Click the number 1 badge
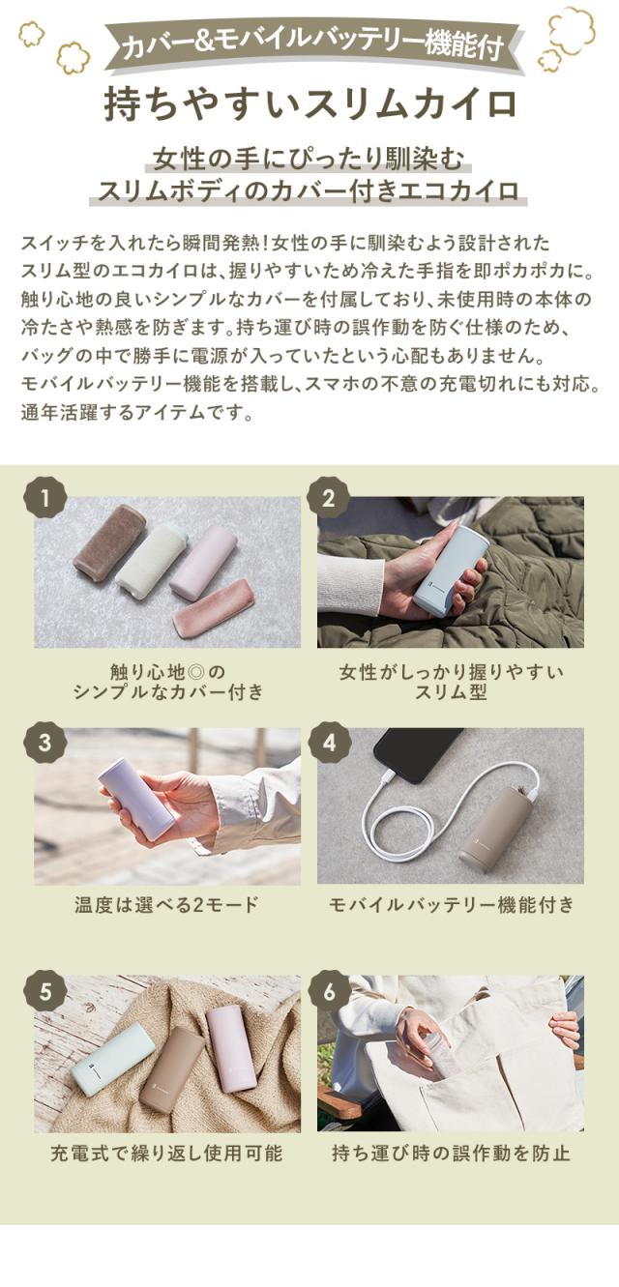[45, 500]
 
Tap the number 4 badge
[328, 743]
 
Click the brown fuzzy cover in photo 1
[109, 543]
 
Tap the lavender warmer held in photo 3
[135, 799]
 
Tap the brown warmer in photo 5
[170, 1069]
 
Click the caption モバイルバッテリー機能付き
[452, 905]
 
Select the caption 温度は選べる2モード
[167, 905]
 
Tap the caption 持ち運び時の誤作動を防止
[451, 1153]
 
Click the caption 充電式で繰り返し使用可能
[166, 1153]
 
